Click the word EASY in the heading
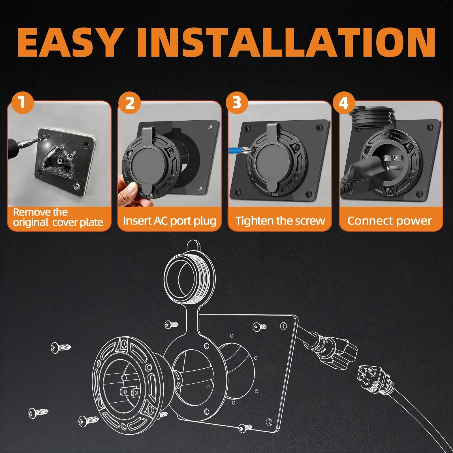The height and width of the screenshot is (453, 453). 69,42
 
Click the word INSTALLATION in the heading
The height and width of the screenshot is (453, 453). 287,42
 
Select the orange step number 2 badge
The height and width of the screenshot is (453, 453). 130,103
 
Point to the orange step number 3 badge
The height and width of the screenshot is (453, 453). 237,103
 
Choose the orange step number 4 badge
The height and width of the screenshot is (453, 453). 344,103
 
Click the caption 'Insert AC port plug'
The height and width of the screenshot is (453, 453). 170,221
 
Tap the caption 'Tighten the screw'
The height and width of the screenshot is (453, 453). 280,221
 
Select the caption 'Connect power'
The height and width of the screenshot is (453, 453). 390,221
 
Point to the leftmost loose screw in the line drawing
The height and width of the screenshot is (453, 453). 38,413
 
